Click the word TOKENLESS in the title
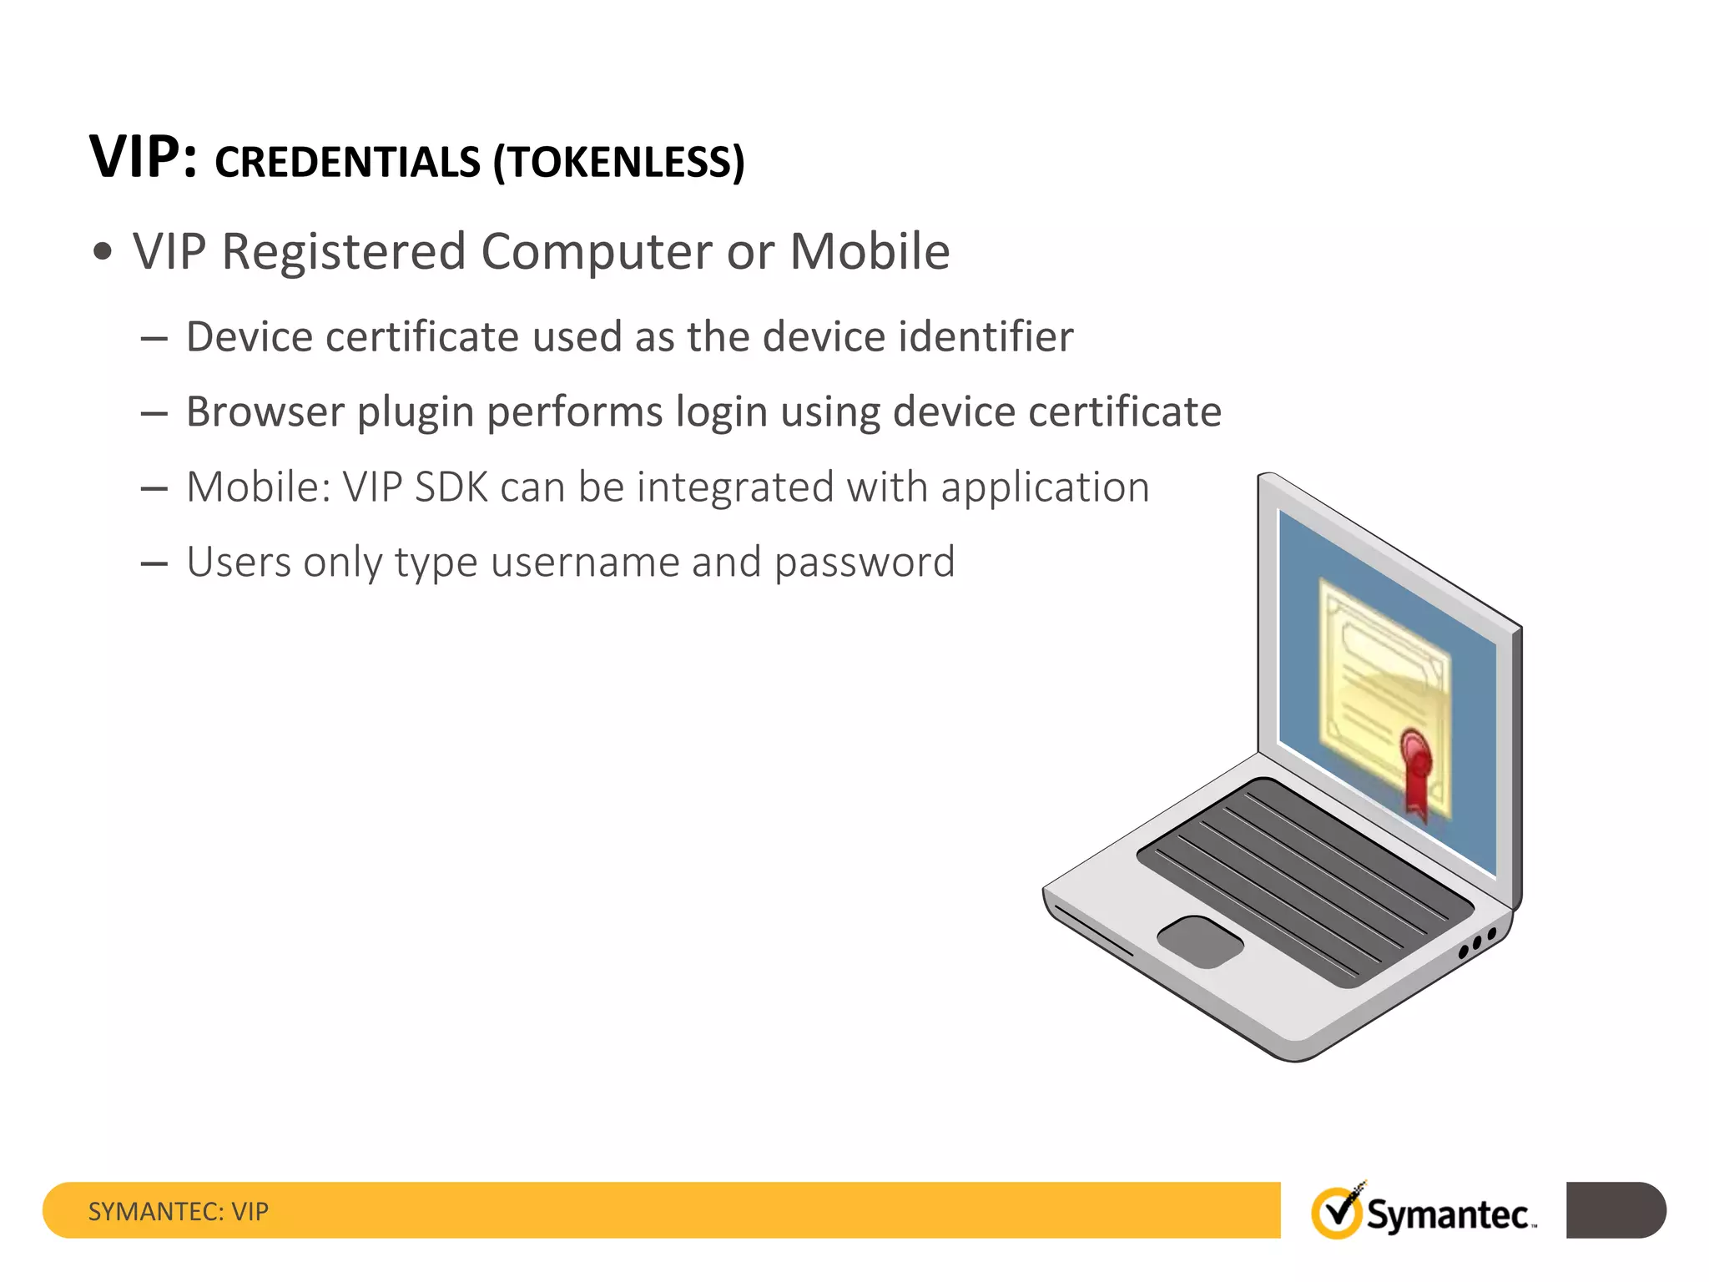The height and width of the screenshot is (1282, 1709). tap(618, 162)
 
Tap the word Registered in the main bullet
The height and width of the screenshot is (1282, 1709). tap(343, 251)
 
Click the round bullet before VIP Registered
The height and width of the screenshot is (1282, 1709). tap(103, 252)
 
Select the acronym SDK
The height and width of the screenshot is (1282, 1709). tap(451, 487)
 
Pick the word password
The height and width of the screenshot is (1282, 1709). tap(865, 563)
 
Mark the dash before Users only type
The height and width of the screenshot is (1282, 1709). tap(154, 564)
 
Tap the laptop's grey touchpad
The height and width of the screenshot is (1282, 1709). tap(1200, 941)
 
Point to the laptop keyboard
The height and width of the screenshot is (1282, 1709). tap(1306, 881)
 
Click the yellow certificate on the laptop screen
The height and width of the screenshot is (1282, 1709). tap(1381, 684)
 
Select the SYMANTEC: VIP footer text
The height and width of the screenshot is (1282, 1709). tap(179, 1211)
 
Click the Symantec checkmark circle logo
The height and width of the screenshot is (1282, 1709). tap(1336, 1213)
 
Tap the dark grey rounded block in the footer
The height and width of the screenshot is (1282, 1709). tap(1616, 1209)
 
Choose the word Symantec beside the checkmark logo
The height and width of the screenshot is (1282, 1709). tap(1448, 1215)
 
